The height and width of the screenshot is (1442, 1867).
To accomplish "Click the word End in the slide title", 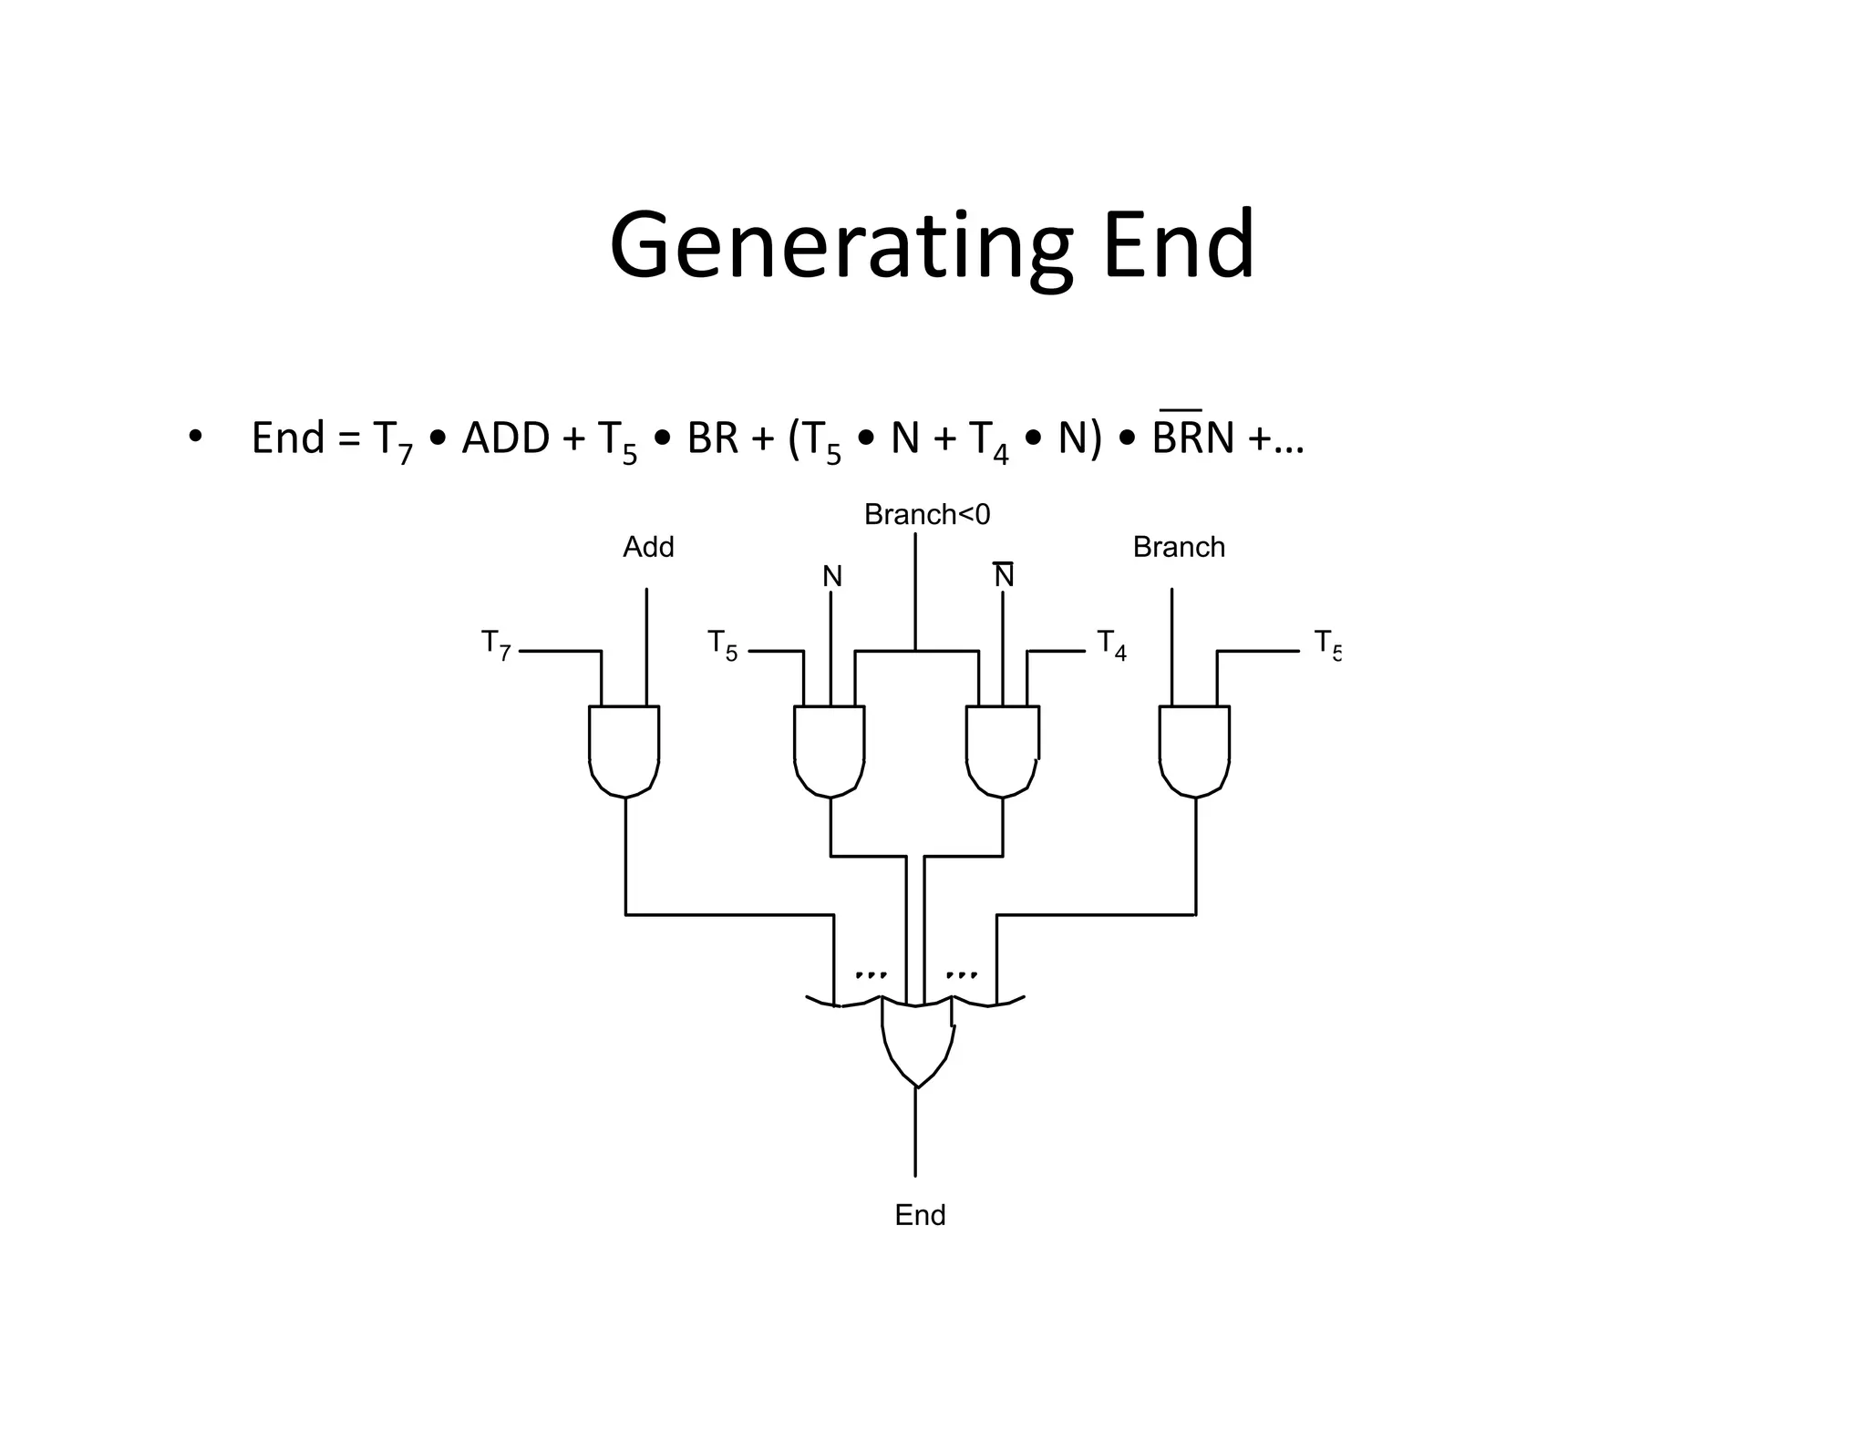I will [1178, 246].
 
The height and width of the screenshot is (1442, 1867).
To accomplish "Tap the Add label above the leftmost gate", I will [648, 547].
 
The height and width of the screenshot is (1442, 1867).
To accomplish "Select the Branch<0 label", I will [926, 515].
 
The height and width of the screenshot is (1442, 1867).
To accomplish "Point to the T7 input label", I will [496, 644].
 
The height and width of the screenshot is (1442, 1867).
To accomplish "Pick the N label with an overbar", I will [1004, 575].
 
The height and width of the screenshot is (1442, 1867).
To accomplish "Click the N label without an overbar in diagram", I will [831, 576].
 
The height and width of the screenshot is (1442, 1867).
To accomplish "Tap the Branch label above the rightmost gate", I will [1178, 547].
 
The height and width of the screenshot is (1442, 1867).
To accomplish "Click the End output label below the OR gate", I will [920, 1215].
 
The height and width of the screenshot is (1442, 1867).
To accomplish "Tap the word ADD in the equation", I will [506, 438].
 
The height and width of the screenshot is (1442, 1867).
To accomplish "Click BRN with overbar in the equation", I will [1192, 438].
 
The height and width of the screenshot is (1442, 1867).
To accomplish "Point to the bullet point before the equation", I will [194, 437].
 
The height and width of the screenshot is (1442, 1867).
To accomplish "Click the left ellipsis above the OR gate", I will [870, 974].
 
